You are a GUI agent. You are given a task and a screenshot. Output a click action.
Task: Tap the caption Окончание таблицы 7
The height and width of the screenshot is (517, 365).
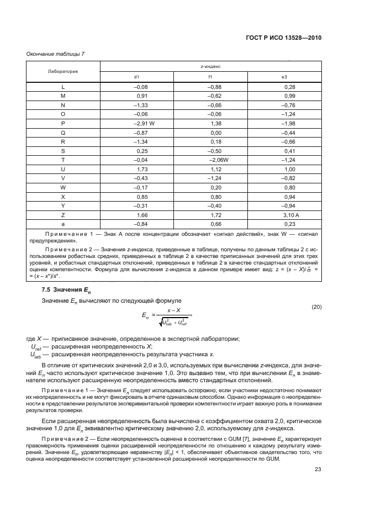coord(55,54)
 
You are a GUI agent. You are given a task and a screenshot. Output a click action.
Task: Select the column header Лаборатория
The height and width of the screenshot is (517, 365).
coord(62,71)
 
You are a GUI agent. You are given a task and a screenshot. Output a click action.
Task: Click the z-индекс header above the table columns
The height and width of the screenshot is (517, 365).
coord(210,66)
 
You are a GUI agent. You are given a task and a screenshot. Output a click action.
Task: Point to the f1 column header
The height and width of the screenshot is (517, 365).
coord(210,77)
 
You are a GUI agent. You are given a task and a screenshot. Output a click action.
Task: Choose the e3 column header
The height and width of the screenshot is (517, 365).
coord(284,77)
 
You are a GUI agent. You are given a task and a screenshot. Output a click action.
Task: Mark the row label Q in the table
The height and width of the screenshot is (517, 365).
coord(62,133)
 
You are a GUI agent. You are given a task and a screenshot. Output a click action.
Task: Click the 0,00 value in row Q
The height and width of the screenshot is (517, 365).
coord(216,133)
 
